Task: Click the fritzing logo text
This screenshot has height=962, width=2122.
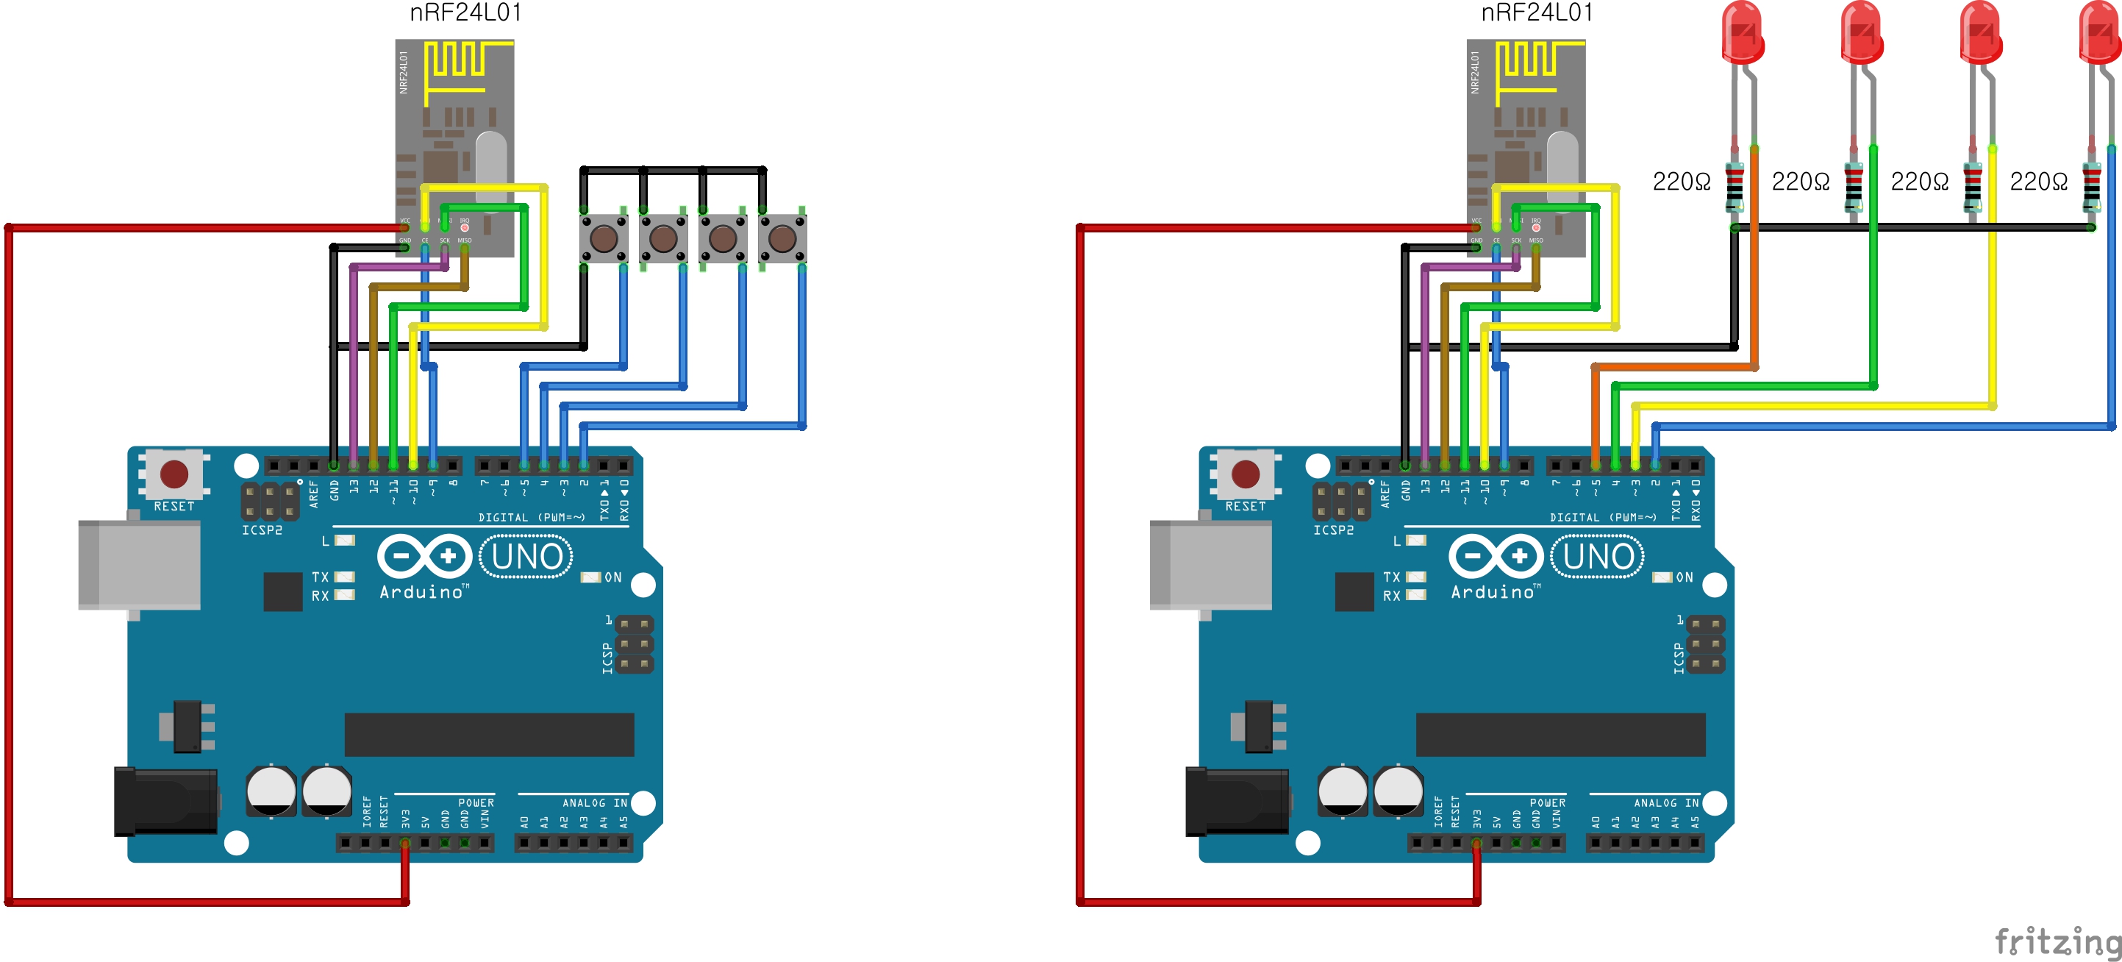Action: (2057, 941)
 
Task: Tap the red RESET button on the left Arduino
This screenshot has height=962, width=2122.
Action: (174, 474)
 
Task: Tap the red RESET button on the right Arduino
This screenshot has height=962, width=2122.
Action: (1245, 474)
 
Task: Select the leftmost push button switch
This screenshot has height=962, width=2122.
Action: (604, 239)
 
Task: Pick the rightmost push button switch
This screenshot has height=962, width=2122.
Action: (782, 239)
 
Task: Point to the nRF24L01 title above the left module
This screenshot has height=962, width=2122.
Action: (465, 13)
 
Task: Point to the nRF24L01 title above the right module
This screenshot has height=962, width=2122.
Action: (1537, 13)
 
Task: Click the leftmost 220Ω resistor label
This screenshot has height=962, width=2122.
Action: (1682, 182)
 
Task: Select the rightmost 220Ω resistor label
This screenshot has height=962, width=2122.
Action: (2038, 182)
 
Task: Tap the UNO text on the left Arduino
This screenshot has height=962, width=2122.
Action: (527, 557)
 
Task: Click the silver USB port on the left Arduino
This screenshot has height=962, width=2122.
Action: (138, 565)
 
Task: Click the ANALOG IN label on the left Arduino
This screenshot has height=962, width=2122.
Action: (595, 803)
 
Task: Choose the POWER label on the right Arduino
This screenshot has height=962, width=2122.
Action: (1547, 803)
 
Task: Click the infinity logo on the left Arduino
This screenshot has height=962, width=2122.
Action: (424, 557)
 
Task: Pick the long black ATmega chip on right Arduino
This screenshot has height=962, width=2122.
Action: (1560, 735)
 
